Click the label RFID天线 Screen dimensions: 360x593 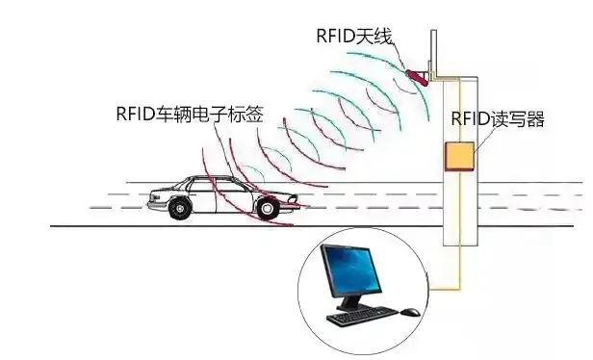(x=354, y=36)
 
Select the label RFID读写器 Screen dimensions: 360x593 (x=498, y=119)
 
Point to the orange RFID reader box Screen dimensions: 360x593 (x=458, y=156)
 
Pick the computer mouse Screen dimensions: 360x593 (x=409, y=311)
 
